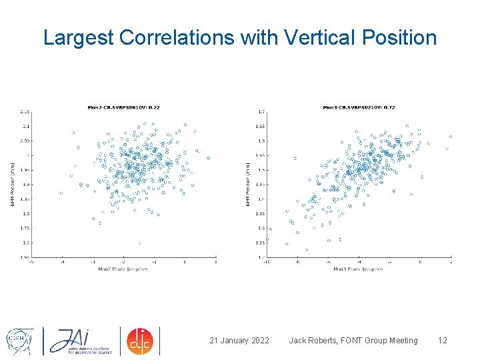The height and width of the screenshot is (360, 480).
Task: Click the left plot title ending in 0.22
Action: point(124,107)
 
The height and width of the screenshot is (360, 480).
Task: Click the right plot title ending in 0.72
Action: point(359,107)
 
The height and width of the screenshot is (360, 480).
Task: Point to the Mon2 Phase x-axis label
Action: point(124,269)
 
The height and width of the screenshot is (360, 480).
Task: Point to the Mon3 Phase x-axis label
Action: point(359,269)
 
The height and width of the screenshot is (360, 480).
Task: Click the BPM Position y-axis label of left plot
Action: point(13,184)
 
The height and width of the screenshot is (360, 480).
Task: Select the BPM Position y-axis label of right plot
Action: point(248,184)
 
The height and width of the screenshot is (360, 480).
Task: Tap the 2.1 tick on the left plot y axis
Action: point(25,126)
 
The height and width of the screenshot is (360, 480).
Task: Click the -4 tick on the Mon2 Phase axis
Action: point(62,262)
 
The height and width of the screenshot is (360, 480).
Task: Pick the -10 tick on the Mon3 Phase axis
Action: point(267,262)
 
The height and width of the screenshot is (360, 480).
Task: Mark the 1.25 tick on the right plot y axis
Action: point(261,243)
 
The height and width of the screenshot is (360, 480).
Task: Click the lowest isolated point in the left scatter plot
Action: point(139,243)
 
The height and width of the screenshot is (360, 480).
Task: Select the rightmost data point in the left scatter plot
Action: point(208,159)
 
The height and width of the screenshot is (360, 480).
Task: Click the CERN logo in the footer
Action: point(18,340)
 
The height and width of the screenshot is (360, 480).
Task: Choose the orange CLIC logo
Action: point(141,341)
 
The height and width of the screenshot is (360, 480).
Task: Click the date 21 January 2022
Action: point(239,341)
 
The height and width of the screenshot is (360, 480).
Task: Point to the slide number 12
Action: point(442,341)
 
